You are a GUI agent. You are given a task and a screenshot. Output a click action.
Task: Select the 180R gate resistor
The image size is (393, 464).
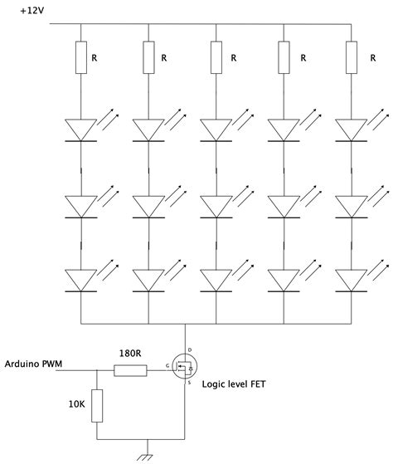pyautogui.click(x=130, y=369)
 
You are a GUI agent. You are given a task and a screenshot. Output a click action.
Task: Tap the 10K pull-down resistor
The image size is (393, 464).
pyautogui.click(x=97, y=408)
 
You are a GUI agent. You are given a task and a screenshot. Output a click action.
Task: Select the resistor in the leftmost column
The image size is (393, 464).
pyautogui.click(x=80, y=58)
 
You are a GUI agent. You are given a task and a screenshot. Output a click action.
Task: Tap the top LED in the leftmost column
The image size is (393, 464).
pyautogui.click(x=80, y=129)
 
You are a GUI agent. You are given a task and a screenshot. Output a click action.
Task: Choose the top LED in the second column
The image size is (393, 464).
pyautogui.click(x=148, y=129)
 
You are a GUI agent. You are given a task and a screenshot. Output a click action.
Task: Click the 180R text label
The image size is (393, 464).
pyautogui.click(x=129, y=354)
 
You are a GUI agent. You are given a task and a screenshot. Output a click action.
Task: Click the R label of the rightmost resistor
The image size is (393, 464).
pyautogui.click(x=371, y=58)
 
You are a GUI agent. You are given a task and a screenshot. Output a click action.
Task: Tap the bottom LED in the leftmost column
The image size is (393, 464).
pyautogui.click(x=80, y=280)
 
